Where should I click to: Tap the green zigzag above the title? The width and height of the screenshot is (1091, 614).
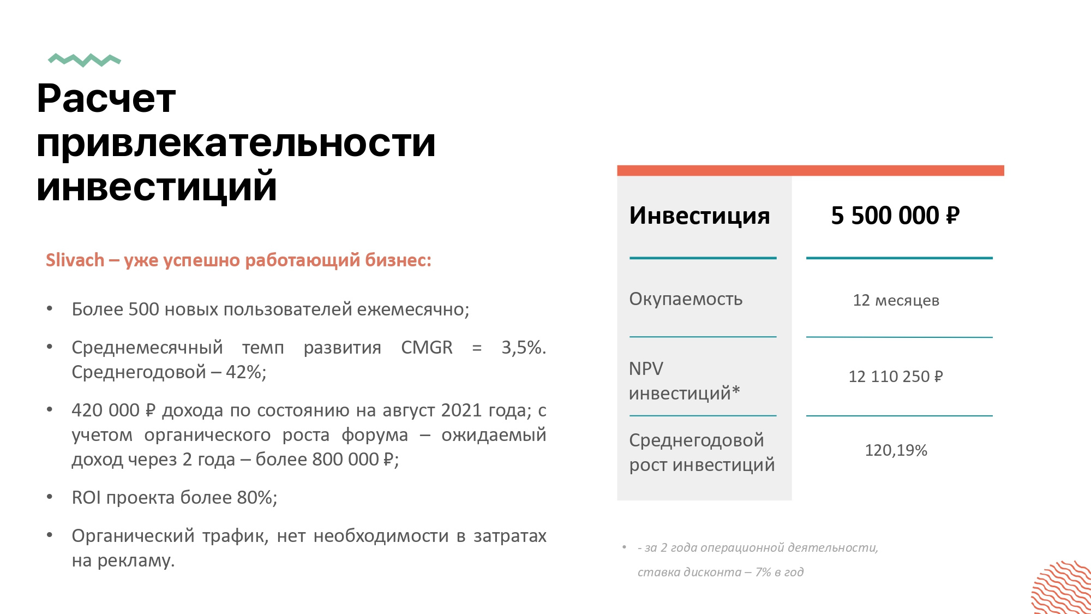[x=85, y=60]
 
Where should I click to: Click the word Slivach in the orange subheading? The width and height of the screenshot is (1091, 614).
[x=75, y=260]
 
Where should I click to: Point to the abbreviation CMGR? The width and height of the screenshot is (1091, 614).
[x=427, y=348]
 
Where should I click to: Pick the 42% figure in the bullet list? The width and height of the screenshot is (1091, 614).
[x=246, y=372]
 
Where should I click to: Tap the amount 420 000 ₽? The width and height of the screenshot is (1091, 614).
[x=113, y=410]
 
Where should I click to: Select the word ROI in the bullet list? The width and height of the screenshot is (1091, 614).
[x=86, y=498]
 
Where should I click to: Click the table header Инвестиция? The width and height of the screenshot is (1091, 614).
[x=699, y=216]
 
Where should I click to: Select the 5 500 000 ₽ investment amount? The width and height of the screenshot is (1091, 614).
[x=895, y=216]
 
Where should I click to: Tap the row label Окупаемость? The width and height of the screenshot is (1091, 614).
[x=686, y=299]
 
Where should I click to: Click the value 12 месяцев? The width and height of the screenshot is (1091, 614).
[x=896, y=300]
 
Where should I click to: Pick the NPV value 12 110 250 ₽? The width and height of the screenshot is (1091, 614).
[x=896, y=377]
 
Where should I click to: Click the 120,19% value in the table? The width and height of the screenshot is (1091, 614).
[x=896, y=450]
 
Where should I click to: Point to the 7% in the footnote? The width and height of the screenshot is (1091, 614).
[x=763, y=572]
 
